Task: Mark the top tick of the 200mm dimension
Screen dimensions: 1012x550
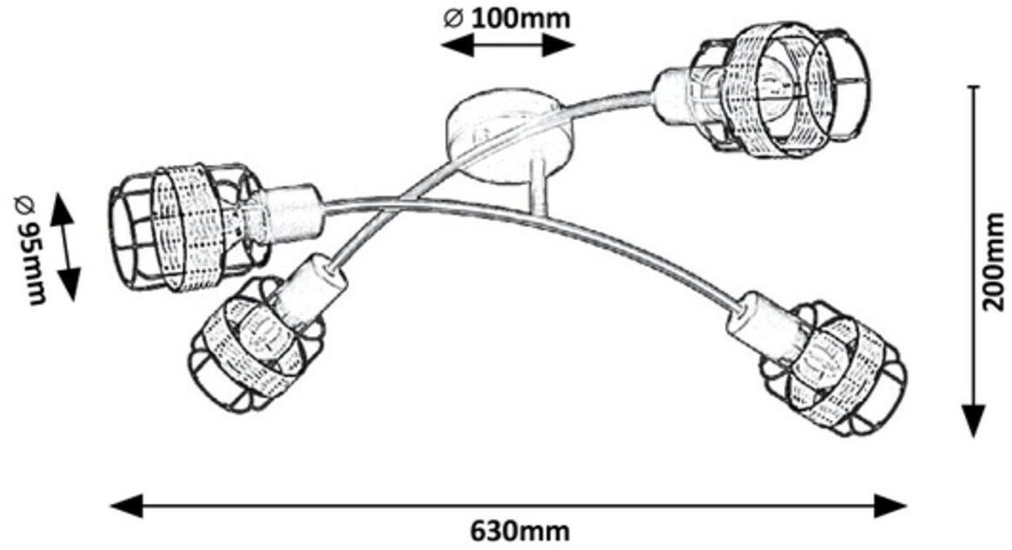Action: (975, 87)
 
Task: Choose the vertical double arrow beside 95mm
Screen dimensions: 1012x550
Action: (66, 247)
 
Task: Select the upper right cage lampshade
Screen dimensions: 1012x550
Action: (779, 90)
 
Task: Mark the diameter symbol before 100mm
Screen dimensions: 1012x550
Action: (452, 18)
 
